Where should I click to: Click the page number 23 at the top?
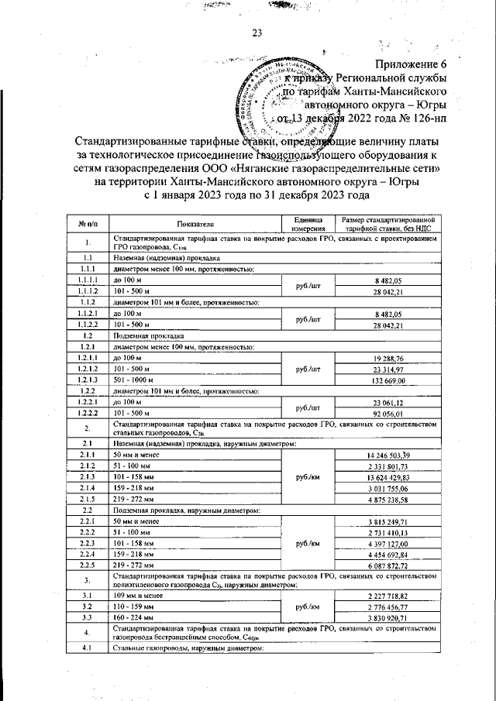(256, 33)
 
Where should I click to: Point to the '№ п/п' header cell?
(88, 223)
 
